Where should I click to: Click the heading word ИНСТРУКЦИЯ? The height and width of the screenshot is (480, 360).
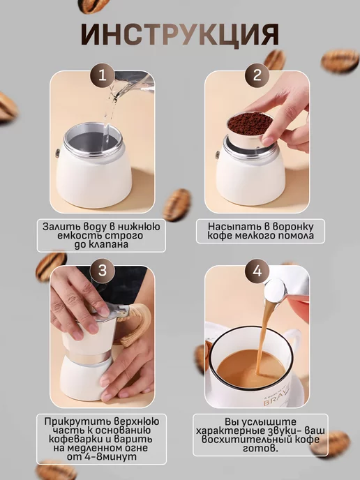tap(180, 34)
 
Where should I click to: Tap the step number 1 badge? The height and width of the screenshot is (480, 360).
tap(103, 75)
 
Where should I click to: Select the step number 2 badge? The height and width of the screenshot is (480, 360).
tap(257, 75)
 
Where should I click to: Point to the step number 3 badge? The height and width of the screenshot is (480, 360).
tap(103, 271)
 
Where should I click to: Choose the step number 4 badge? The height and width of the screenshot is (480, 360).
tap(257, 271)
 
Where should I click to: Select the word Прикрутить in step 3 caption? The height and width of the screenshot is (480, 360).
tap(77, 421)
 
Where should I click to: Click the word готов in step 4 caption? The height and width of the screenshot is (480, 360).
tap(260, 449)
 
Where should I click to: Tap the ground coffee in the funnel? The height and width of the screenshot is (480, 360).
tap(250, 122)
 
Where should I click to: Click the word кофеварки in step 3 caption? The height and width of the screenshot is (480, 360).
tap(77, 439)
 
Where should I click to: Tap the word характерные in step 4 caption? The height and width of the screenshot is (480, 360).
tap(230, 430)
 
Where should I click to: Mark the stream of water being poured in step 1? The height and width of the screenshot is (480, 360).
tap(111, 117)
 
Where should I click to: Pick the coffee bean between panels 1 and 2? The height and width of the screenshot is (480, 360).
tap(177, 204)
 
